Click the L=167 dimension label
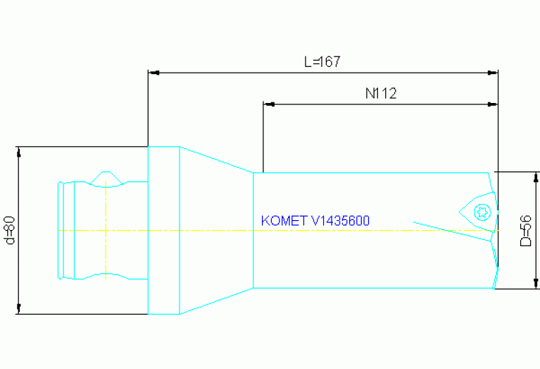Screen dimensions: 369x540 pos(322,62)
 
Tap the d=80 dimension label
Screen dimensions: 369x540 pos(9,230)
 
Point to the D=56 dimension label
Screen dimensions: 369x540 pos(525,230)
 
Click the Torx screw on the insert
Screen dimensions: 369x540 pos(483,210)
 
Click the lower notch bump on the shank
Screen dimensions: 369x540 pos(106,276)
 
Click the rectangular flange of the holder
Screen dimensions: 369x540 pos(163,230)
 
